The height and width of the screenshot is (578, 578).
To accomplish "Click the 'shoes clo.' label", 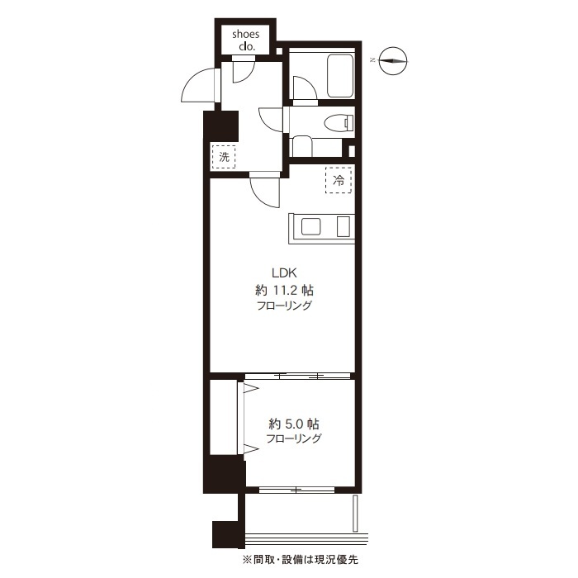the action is tap(245, 40).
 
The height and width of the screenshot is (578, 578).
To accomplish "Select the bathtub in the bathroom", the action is tap(340, 76).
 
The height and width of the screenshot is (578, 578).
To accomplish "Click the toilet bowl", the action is tap(339, 122).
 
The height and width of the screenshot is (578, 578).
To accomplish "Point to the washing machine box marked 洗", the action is tap(224, 157).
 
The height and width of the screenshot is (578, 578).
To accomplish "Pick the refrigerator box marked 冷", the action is tap(339, 180).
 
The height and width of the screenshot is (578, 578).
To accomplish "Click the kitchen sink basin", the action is tap(310, 227).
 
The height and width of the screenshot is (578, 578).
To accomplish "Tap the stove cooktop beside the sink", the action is tap(343, 227).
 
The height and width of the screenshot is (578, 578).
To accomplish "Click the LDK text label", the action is tap(284, 273).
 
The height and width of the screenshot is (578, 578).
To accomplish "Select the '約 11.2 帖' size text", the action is tap(284, 291).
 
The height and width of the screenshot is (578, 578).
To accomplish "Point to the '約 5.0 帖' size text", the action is tap(293, 424).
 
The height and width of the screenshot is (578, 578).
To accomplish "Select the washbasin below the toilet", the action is tap(302, 147).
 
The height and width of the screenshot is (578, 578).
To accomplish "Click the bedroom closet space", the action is tap(224, 417).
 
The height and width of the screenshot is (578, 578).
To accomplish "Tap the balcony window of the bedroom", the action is tap(296, 490).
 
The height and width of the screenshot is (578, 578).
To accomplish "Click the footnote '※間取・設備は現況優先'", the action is tap(300, 560).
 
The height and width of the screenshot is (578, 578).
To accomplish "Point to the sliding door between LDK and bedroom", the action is tap(297, 376).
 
